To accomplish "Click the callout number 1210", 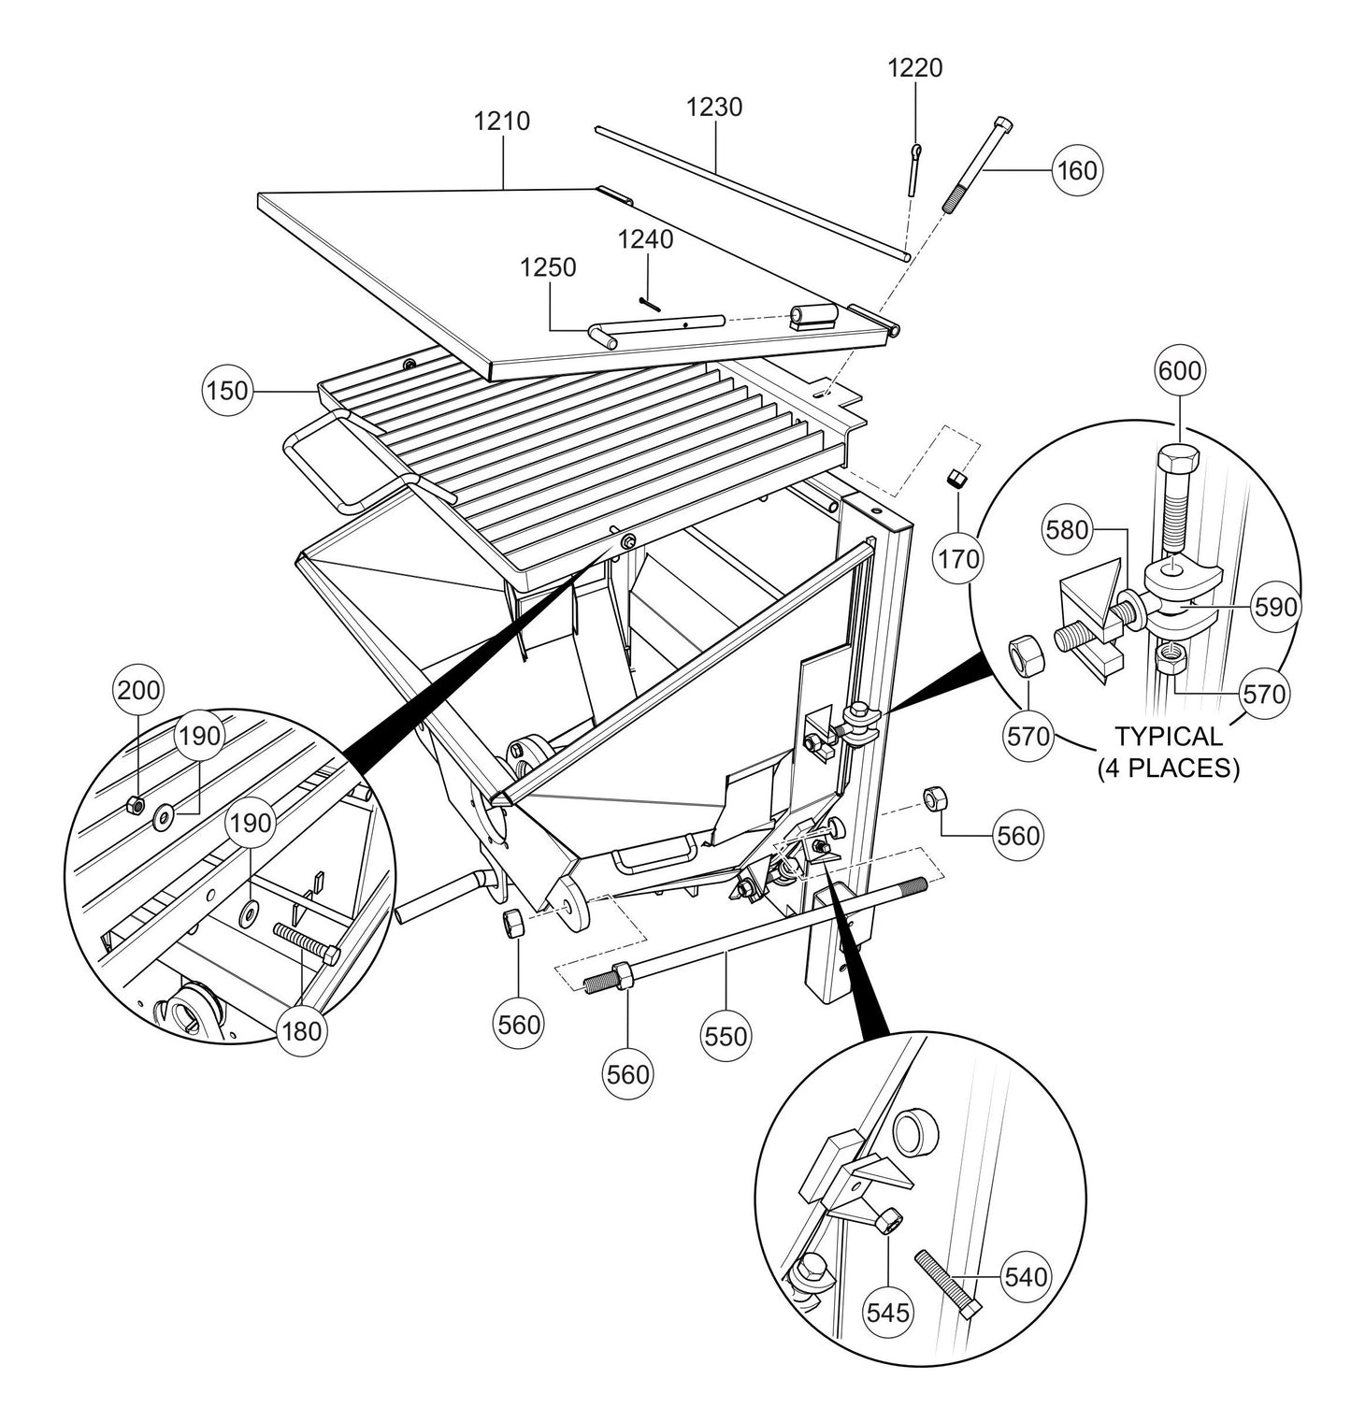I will pyautogui.click(x=502, y=122).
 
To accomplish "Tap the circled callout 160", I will pyautogui.click(x=1076, y=170).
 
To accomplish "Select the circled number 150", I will pyautogui.click(x=227, y=391).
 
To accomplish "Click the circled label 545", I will pyautogui.click(x=887, y=1313).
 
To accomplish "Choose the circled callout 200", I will pyautogui.click(x=137, y=692).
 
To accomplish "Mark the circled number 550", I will pyautogui.click(x=726, y=1036).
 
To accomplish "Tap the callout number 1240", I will pyautogui.click(x=645, y=240).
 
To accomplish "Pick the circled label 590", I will pyautogui.click(x=1276, y=608).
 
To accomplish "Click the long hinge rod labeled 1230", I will pyautogui.click(x=748, y=192).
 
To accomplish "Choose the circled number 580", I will pyautogui.click(x=1068, y=531).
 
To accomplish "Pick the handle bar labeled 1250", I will pyautogui.click(x=654, y=327).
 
